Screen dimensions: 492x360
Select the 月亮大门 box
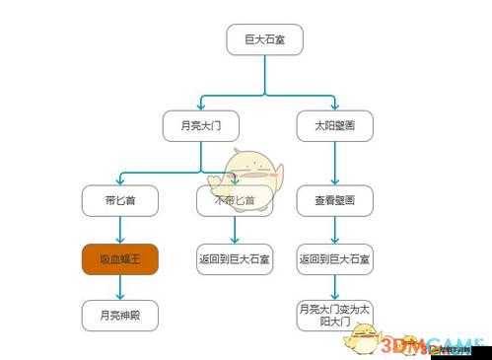(x=200, y=125)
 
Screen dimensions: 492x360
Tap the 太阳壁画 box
(x=335, y=125)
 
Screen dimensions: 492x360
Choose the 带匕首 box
(x=120, y=200)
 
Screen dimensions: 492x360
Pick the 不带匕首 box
(x=234, y=200)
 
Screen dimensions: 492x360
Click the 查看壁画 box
(x=335, y=200)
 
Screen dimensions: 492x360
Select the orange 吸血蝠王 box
(x=120, y=259)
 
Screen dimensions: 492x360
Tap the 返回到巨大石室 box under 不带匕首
(x=234, y=259)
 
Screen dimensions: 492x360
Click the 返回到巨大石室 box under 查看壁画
(x=335, y=259)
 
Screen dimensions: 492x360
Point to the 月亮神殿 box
(x=120, y=316)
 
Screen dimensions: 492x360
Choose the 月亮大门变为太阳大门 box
(x=335, y=316)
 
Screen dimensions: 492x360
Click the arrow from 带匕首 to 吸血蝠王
(x=120, y=230)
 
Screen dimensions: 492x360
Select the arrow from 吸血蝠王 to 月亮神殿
(x=120, y=288)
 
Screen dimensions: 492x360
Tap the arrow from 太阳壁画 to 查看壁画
(x=335, y=163)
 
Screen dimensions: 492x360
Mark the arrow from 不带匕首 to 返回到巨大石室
(x=234, y=230)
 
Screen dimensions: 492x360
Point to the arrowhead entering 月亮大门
(x=200, y=106)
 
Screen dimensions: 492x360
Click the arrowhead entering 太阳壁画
(x=335, y=106)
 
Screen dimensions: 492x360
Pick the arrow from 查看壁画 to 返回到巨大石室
(x=335, y=230)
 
